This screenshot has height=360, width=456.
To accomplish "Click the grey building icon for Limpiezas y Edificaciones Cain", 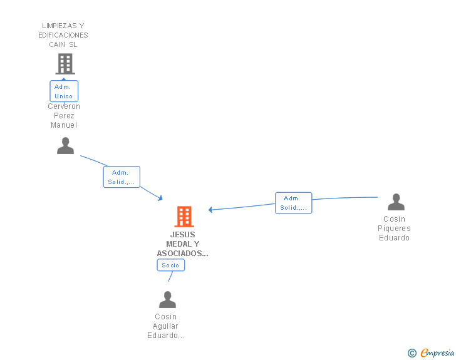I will (65, 64).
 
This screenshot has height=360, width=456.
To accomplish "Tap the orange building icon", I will (184, 217).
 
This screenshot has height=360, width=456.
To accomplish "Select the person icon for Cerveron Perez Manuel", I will (65, 146).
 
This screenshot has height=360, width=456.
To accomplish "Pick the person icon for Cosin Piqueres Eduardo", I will (396, 202).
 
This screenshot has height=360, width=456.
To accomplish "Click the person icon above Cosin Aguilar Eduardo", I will (167, 300).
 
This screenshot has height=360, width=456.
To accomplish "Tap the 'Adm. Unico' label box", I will (64, 91).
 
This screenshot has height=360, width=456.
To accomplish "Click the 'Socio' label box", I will (170, 265).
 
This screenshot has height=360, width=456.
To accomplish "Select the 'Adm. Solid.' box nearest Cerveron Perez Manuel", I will (122, 177).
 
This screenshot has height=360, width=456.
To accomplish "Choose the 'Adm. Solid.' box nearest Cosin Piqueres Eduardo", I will (293, 203).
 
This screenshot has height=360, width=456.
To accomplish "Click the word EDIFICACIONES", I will (63, 35).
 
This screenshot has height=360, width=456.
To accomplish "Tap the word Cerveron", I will (64, 106).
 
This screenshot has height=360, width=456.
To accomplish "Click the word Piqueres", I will (394, 229).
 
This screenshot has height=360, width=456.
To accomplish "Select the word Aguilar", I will (165, 326).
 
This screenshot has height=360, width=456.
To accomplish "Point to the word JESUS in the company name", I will (182, 235).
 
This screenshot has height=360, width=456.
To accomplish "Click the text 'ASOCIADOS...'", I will (182, 254).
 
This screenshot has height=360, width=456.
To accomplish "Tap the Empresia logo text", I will (437, 353).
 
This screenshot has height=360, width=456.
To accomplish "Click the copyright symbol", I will (412, 353).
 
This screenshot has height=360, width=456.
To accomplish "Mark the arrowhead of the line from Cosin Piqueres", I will (211, 210).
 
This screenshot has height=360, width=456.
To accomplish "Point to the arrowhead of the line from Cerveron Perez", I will (160, 198).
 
